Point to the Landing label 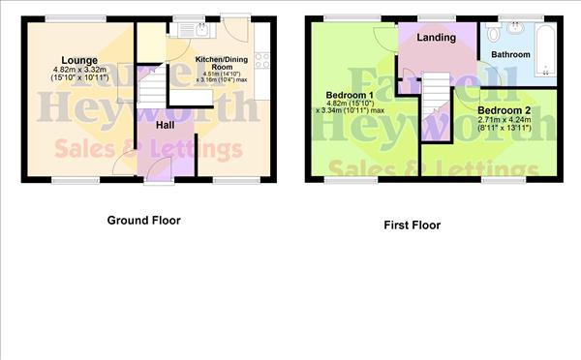pos(437,38)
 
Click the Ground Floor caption pos(143,220)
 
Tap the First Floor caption pos(412,225)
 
